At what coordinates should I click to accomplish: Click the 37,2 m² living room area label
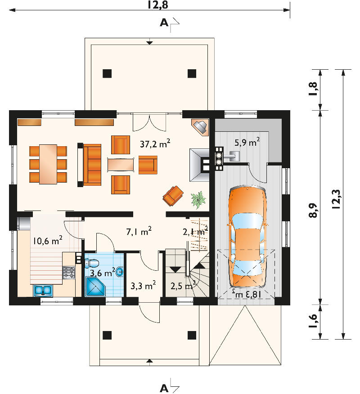coord(155,143)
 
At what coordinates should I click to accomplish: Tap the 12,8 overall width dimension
coord(157,5)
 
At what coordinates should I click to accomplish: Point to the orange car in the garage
coord(247,237)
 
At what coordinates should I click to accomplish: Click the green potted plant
coord(198,200)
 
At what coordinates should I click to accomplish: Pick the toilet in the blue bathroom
coord(92,263)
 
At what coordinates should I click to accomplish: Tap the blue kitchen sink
coord(43,291)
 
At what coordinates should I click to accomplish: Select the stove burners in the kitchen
coord(69,273)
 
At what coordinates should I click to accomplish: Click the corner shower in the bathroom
coord(95,286)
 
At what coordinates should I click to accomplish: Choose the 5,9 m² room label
coord(247,142)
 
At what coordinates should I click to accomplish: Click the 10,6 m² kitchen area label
coord(48,241)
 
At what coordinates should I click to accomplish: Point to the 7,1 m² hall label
coord(139,231)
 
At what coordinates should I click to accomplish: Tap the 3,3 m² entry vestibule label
coord(143,286)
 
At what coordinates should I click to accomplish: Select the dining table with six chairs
coord(48,164)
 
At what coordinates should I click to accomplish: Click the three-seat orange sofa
coord(92,165)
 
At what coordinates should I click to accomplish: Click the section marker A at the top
coord(164,23)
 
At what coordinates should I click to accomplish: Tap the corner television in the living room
coord(200,127)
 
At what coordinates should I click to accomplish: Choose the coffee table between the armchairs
coord(121,165)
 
